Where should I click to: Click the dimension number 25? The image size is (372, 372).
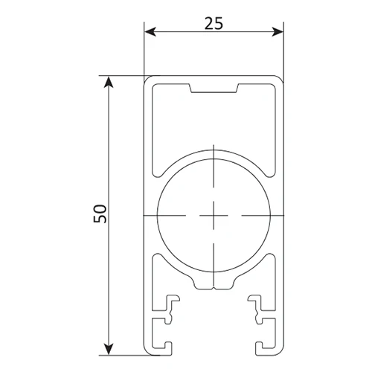point(214,23)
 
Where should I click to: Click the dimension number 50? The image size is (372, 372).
point(100,214)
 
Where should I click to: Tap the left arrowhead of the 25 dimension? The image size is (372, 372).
point(150,32)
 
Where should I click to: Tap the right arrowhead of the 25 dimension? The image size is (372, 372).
point(278,32)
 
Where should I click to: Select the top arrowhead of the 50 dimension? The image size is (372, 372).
point(109,82)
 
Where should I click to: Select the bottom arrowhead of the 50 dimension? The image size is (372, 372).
point(109,349)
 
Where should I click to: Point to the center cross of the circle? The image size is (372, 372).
point(214,216)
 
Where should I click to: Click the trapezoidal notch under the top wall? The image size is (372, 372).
point(214,89)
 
